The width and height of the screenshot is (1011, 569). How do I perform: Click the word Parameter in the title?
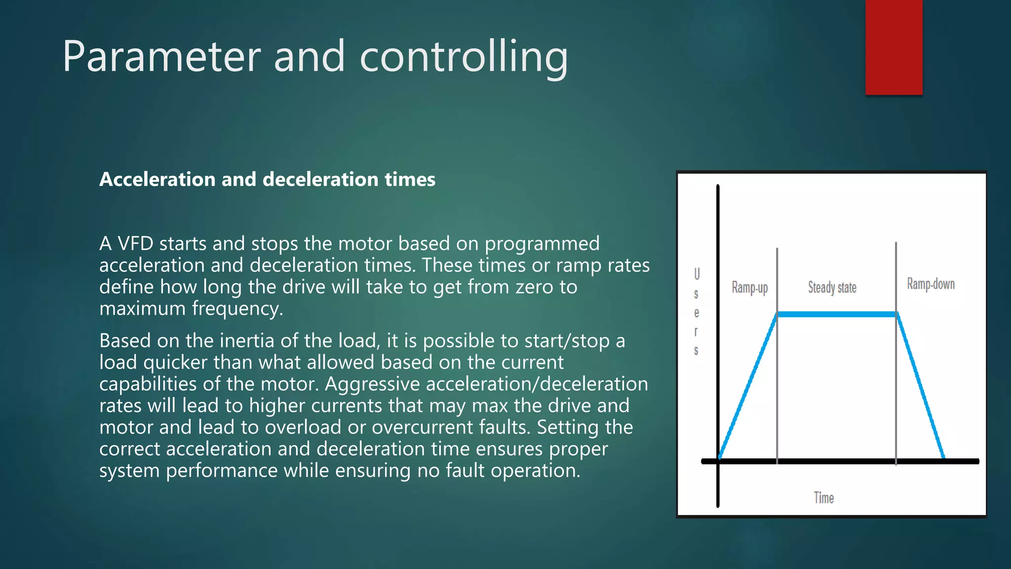pos(161,57)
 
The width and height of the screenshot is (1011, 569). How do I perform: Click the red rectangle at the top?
pos(894,47)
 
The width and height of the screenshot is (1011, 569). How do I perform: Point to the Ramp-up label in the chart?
pos(749,287)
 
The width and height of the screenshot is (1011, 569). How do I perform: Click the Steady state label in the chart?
pos(832,287)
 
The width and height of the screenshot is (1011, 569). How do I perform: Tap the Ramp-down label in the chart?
pos(931,284)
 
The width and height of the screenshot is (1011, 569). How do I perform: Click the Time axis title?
pos(823,497)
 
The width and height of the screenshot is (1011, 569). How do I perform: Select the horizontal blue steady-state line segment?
pos(837,314)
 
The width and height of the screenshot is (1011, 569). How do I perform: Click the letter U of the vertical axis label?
pos(697,274)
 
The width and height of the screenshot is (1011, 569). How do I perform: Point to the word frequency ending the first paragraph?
pos(237,309)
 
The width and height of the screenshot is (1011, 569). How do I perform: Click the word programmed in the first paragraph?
pos(542,244)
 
